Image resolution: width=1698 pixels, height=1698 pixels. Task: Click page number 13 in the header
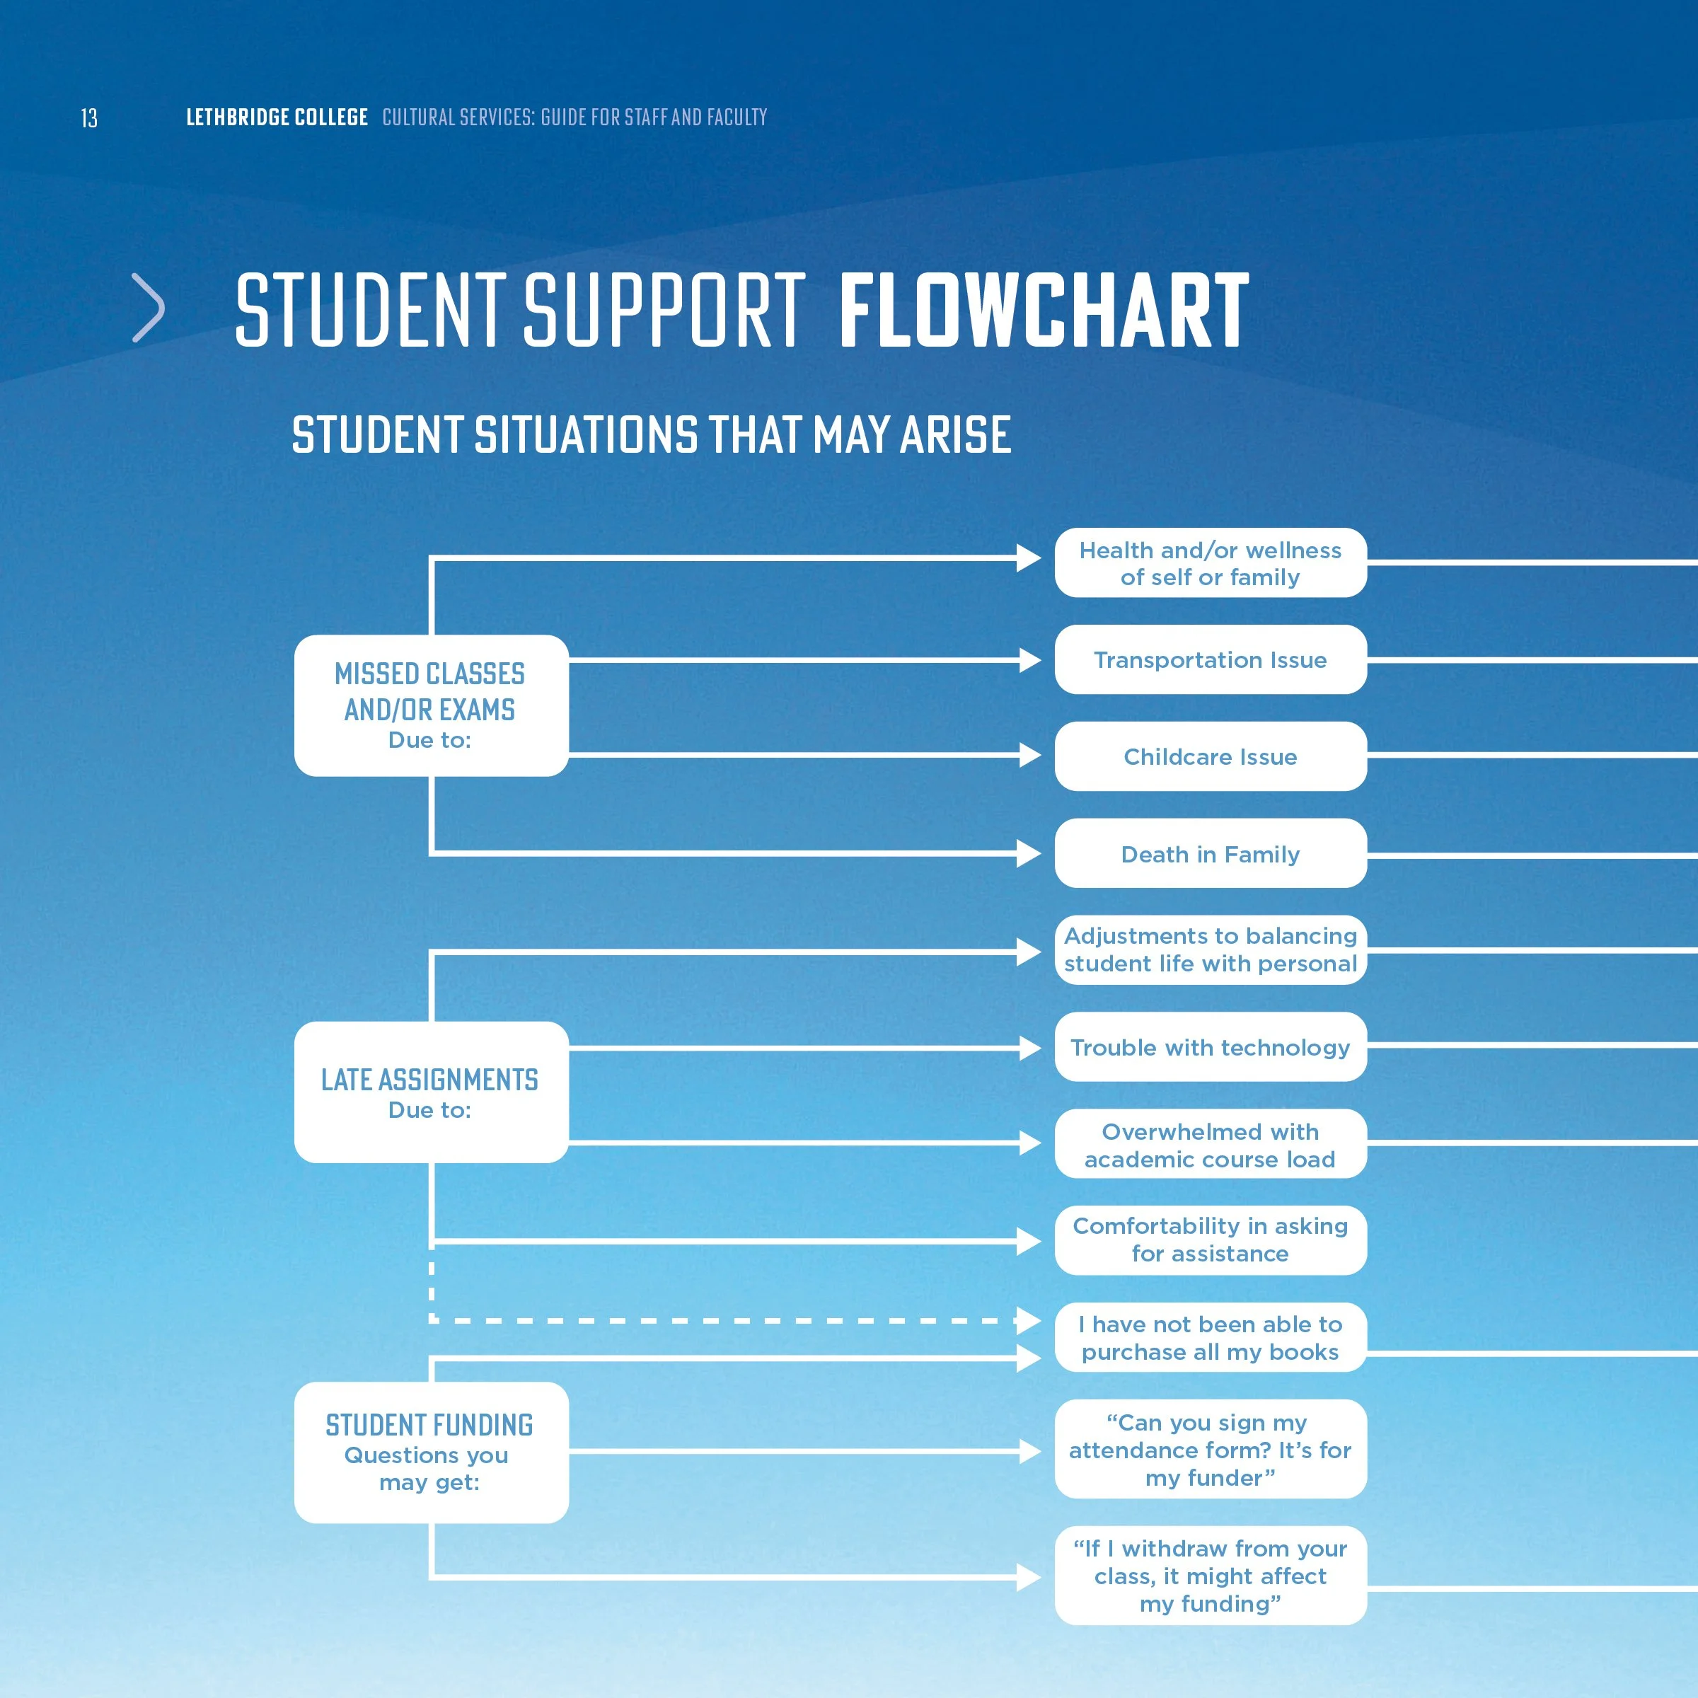[x=88, y=117]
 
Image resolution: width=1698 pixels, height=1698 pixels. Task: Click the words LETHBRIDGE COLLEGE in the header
[x=276, y=117]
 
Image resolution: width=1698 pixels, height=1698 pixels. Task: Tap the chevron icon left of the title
[x=149, y=308]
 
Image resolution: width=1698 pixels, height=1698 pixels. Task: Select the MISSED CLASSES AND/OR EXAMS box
[x=431, y=705]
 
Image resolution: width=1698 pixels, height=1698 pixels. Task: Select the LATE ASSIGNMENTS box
[x=431, y=1092]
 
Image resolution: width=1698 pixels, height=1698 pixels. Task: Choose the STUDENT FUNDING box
[x=431, y=1452]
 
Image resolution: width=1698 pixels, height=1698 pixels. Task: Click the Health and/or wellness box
[x=1211, y=562]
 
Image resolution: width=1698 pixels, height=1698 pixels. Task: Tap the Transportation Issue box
[x=1211, y=659]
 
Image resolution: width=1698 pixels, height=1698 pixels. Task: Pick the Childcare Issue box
[x=1211, y=756]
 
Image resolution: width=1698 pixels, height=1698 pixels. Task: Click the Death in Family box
[x=1211, y=853]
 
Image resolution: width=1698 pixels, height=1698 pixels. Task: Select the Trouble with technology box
[x=1211, y=1047]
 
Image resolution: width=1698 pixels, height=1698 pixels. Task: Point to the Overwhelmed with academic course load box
[x=1211, y=1144]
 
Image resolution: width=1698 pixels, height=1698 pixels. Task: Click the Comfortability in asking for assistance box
[x=1211, y=1240]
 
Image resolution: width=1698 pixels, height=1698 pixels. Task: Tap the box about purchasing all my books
[x=1211, y=1338]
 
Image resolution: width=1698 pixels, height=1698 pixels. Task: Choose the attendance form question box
[x=1211, y=1449]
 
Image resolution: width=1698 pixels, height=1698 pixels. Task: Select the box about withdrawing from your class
[x=1211, y=1575]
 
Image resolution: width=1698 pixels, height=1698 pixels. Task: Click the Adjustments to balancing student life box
[x=1211, y=949]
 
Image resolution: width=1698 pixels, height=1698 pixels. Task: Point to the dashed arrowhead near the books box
[x=1028, y=1320]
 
